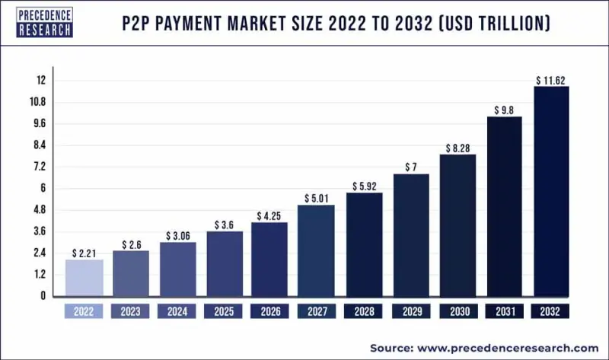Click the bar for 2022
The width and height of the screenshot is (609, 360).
(x=84, y=277)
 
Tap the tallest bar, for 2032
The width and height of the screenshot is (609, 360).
(x=551, y=190)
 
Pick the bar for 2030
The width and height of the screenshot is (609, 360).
(x=458, y=225)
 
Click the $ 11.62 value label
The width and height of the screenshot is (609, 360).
(x=551, y=79)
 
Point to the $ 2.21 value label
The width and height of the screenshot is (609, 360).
(x=84, y=252)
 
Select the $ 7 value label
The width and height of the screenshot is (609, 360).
(x=411, y=166)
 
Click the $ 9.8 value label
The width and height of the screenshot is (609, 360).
(x=505, y=110)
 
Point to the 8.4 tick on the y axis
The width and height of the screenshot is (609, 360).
(x=39, y=145)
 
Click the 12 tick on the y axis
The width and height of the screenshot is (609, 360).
(x=40, y=80)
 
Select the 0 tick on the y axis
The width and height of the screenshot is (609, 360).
(x=43, y=295)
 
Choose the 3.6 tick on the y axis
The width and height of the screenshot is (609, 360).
(x=39, y=231)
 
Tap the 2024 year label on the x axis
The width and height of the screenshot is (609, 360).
(x=177, y=311)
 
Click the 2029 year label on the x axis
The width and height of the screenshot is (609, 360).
(x=411, y=311)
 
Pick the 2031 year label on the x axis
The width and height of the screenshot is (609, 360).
(x=505, y=311)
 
